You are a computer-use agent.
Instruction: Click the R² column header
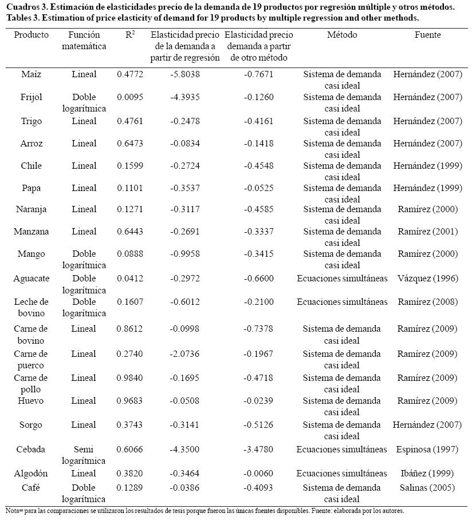point(130,35)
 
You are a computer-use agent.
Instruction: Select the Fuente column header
point(427,35)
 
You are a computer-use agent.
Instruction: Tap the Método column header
point(342,35)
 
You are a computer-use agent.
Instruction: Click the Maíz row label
point(31,74)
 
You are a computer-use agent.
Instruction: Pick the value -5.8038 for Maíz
point(185,74)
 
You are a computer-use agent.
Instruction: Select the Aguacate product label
point(32,279)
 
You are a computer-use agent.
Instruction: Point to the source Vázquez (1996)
point(427,279)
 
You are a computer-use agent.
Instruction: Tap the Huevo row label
point(31,401)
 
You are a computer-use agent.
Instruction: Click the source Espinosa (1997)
point(427,450)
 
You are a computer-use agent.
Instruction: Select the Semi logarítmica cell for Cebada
point(84,455)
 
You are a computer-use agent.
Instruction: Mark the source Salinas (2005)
point(427,488)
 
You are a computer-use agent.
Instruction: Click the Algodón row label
point(31,474)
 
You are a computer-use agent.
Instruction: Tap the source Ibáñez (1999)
point(427,474)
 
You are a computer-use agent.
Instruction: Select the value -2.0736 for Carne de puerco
point(185,354)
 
